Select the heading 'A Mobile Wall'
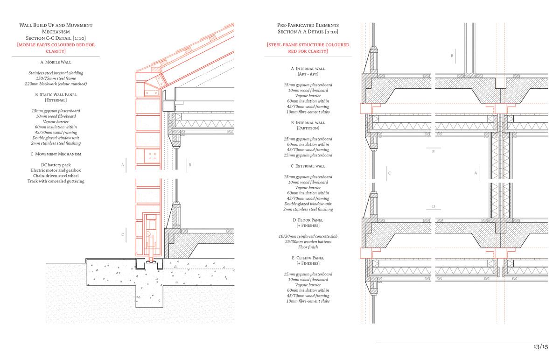point(56,62)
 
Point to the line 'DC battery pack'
point(56,164)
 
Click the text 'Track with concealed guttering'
point(56,181)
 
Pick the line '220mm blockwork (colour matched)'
point(56,84)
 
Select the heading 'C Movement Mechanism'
point(56,154)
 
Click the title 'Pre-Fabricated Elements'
point(308,25)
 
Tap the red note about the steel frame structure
point(308,48)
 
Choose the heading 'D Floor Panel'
point(308,219)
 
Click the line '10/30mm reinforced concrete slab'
point(308,236)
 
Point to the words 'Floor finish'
point(308,247)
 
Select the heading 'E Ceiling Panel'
point(308,257)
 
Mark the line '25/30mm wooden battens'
point(308,242)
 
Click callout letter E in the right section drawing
point(434,152)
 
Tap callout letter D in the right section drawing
point(434,206)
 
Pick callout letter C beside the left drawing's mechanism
point(123,234)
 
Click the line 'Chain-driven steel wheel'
point(56,176)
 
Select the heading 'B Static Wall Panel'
point(56,94)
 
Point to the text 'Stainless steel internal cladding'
point(56,73)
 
